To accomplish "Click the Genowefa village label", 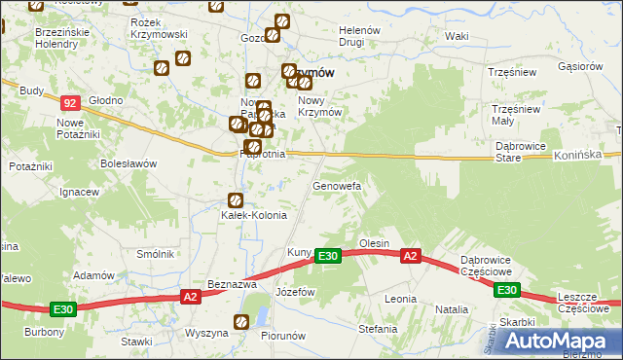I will pyautogui.click(x=337, y=185).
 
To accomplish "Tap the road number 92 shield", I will pyautogui.click(x=68, y=101).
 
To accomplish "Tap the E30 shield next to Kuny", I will pyautogui.click(x=328, y=256).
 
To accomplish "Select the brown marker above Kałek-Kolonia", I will pyautogui.click(x=234, y=199).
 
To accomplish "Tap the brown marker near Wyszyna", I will pyautogui.click(x=240, y=322).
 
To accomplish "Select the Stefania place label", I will pyautogui.click(x=378, y=329).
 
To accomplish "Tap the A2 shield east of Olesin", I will pyautogui.click(x=411, y=256).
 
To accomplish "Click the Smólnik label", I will pyautogui.click(x=155, y=254).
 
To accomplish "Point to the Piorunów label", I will pyautogui.click(x=284, y=336).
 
